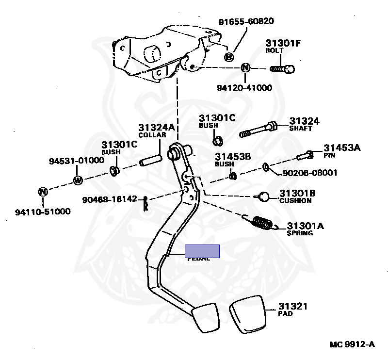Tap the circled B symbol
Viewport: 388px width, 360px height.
point(229,57)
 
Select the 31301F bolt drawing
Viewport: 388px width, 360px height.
point(282,69)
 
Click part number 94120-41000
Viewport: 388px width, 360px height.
point(244,88)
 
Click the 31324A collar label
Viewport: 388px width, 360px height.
point(152,131)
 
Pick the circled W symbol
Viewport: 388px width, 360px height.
point(78,180)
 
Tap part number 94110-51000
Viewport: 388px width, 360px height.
point(43,212)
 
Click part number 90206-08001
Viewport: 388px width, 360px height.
point(311,172)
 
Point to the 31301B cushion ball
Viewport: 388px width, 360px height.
point(263,196)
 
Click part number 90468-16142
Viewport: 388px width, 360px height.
point(109,199)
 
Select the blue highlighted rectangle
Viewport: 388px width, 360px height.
point(202,251)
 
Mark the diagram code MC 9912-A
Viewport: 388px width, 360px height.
point(352,344)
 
